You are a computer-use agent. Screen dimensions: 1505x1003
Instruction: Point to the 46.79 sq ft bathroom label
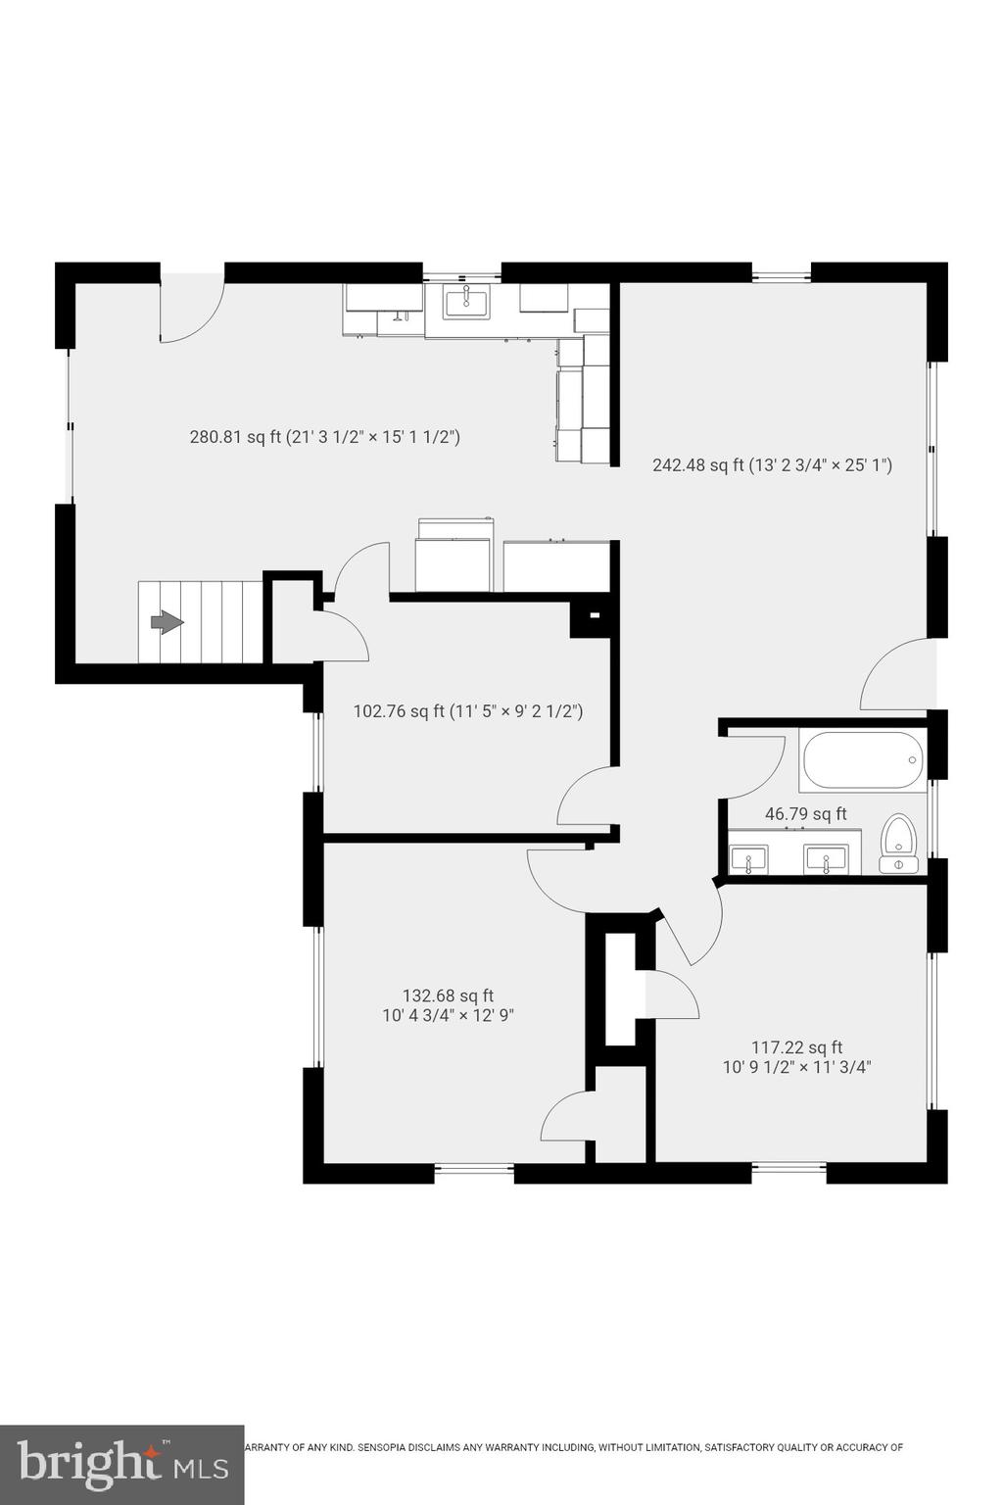(805, 814)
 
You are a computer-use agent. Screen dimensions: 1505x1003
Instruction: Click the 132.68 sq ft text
(448, 995)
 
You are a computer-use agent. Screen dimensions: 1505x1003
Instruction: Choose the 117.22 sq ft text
(796, 1047)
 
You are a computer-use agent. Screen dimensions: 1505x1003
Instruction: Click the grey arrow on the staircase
(167, 622)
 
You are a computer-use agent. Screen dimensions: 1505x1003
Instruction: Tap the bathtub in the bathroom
(862, 760)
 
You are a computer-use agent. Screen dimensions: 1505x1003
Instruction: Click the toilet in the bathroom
(898, 844)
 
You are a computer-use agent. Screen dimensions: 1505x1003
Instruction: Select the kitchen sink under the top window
(466, 302)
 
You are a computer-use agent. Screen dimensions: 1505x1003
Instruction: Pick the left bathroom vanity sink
(748, 860)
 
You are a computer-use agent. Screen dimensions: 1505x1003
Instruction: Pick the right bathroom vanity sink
(826, 860)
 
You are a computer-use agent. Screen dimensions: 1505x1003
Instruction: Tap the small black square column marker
(593, 616)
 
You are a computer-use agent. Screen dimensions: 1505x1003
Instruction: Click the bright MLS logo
(121, 1465)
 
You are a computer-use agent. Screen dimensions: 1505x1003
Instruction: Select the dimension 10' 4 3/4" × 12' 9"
(448, 1016)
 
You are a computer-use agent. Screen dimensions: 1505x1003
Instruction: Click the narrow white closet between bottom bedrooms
(620, 990)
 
